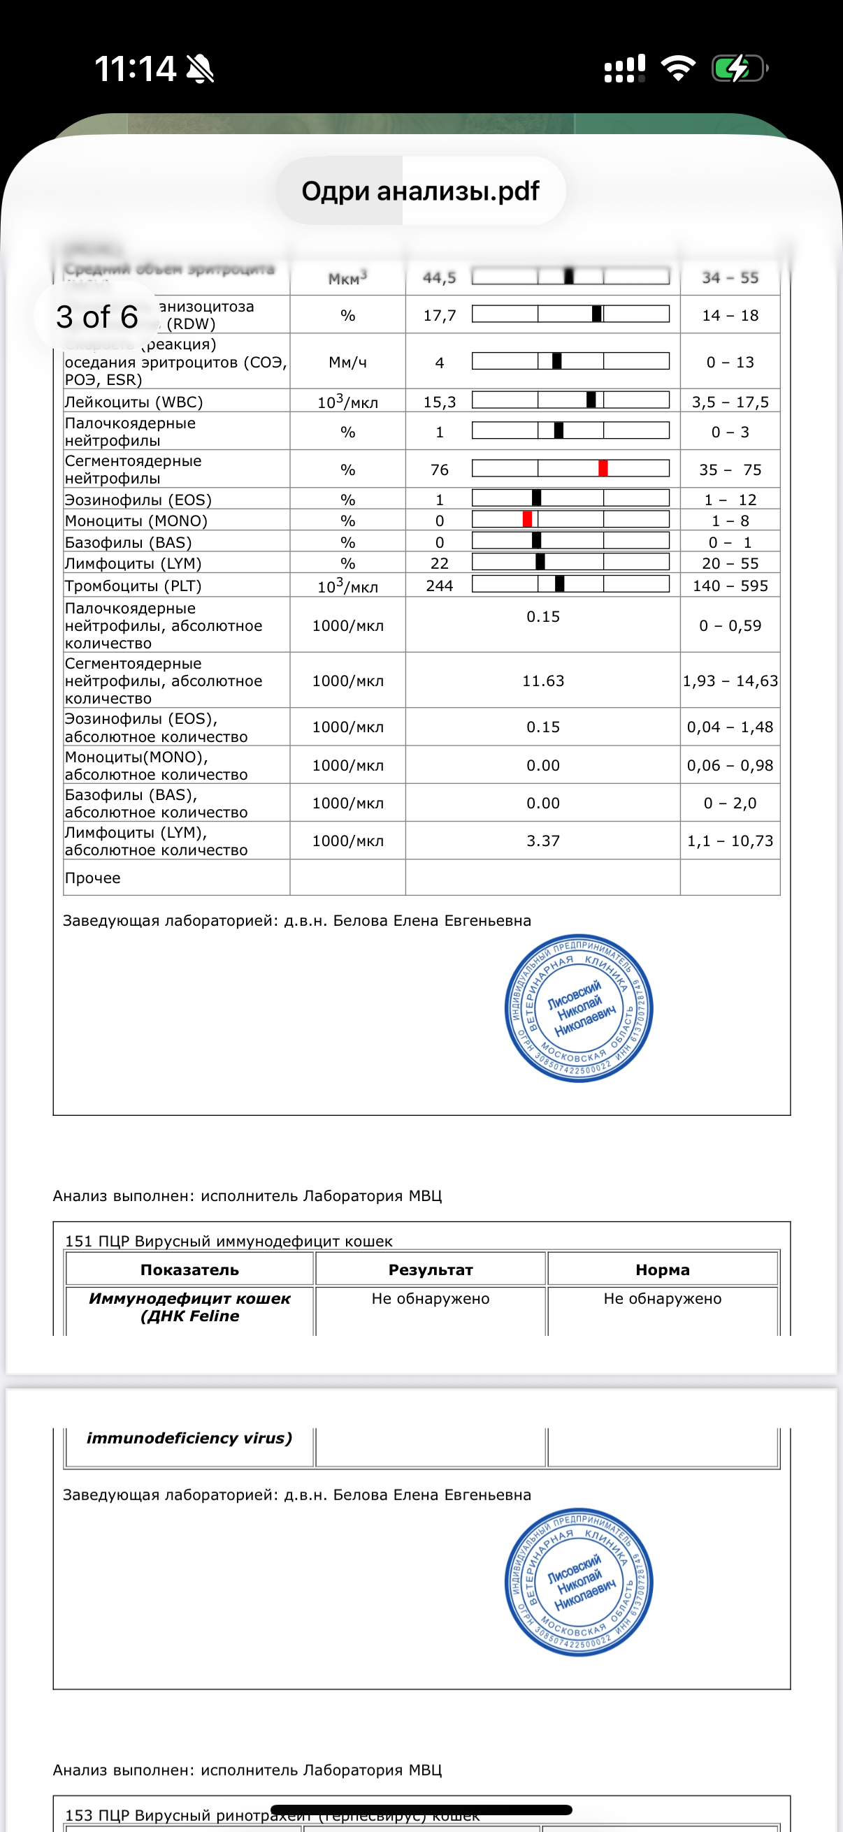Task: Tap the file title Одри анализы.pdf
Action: pyautogui.click(x=420, y=191)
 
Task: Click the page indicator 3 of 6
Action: pyautogui.click(x=96, y=317)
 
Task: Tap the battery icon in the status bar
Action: pyautogui.click(x=738, y=69)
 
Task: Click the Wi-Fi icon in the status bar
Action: pyautogui.click(x=677, y=68)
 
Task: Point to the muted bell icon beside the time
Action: pyautogui.click(x=200, y=69)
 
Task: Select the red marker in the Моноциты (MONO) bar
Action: pyautogui.click(x=527, y=520)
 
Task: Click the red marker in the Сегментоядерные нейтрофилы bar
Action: pyautogui.click(x=603, y=469)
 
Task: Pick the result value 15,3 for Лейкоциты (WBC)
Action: pyautogui.click(x=440, y=402)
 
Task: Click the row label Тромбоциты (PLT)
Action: pyautogui.click(x=133, y=586)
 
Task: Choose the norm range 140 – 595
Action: pyautogui.click(x=730, y=586)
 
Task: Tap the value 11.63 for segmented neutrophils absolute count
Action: pyautogui.click(x=543, y=681)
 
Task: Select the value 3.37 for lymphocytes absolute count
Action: pyautogui.click(x=543, y=841)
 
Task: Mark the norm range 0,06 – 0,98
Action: pyautogui.click(x=730, y=765)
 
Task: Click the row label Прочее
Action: pyautogui.click(x=92, y=878)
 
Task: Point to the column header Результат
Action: pyautogui.click(x=431, y=1270)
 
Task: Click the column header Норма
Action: pyautogui.click(x=662, y=1270)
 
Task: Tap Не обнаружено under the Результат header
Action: pyautogui.click(x=431, y=1299)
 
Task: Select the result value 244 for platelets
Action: pyautogui.click(x=440, y=586)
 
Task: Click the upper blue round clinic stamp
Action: pyautogui.click(x=578, y=1008)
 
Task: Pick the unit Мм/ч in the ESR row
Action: pyautogui.click(x=347, y=362)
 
